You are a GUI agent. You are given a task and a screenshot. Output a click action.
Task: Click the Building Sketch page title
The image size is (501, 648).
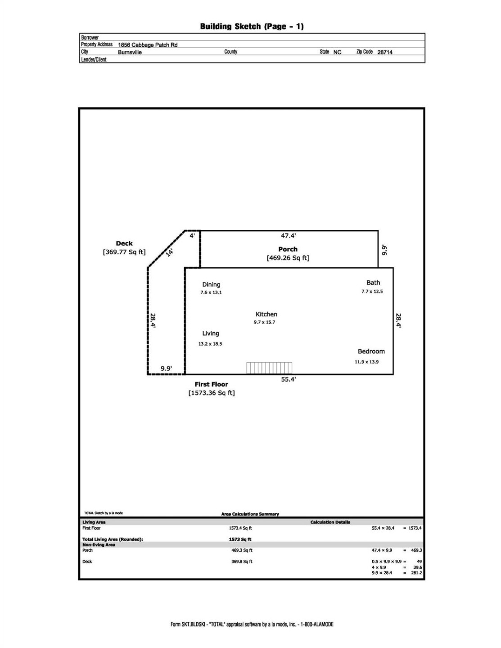252,27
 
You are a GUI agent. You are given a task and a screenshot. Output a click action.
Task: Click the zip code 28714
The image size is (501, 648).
385,52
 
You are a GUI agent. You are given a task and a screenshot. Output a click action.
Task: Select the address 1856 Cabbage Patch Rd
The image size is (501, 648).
148,45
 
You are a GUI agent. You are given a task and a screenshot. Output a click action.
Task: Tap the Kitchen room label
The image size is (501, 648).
266,315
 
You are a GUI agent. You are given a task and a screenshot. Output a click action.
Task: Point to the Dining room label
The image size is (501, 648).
211,284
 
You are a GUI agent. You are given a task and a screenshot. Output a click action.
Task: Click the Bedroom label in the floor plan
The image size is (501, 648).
371,351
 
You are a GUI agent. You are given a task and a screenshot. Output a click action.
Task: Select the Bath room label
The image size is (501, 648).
373,283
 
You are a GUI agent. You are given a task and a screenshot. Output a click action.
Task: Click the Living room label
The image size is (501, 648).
211,333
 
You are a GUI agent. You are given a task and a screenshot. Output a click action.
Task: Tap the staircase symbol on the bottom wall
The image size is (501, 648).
269,368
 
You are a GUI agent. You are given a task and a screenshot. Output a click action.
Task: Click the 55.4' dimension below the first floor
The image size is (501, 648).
289,379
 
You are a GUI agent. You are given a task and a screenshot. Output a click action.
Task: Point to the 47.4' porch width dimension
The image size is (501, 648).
289,235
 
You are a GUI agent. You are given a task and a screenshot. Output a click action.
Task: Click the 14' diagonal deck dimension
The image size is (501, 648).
169,252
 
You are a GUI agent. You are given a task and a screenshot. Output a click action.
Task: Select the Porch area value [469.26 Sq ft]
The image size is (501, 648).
288,258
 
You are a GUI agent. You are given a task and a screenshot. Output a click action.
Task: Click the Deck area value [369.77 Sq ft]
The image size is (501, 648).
124,252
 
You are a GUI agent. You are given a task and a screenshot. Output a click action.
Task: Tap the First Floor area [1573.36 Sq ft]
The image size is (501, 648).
212,393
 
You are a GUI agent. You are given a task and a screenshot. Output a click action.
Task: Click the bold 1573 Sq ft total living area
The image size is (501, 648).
240,539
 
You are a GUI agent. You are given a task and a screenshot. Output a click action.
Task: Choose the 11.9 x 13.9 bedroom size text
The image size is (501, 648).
367,362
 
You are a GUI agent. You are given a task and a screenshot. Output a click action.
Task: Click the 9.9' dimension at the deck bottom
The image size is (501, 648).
166,369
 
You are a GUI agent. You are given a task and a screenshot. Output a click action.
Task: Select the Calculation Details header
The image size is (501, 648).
330,522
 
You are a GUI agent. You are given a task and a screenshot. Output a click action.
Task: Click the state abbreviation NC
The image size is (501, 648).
337,52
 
